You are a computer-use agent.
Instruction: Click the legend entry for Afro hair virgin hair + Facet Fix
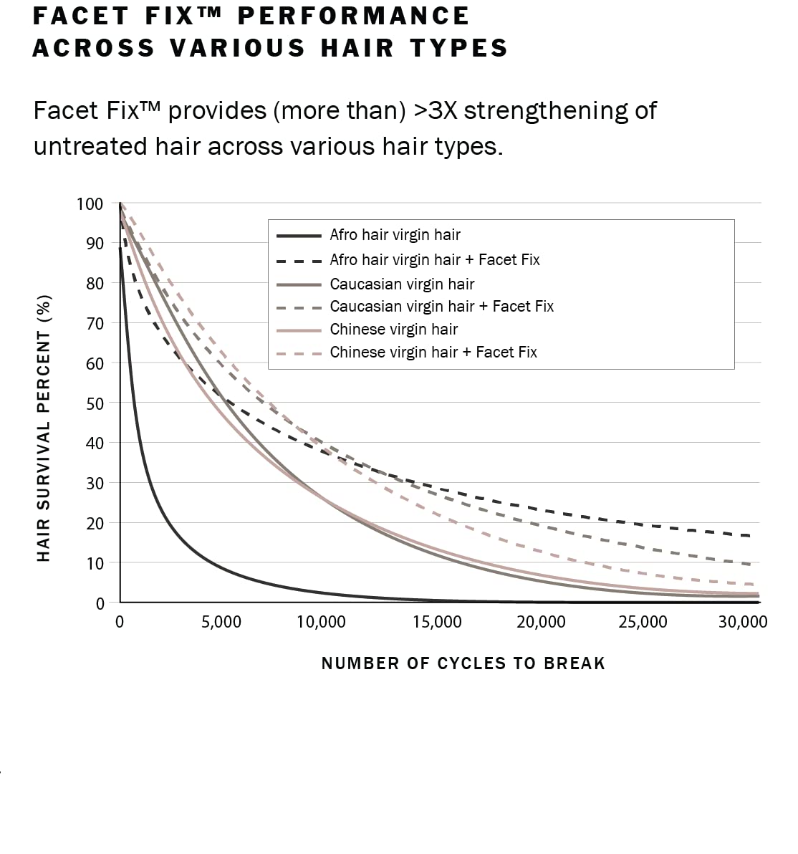point(434,260)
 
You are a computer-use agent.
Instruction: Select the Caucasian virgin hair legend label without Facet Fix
point(402,284)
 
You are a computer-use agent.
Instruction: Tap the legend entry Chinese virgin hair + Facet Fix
point(433,352)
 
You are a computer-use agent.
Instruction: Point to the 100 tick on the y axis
point(90,204)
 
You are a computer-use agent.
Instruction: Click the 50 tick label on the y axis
point(95,403)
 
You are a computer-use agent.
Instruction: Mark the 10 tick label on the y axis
point(95,564)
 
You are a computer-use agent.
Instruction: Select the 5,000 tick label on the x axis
point(221,622)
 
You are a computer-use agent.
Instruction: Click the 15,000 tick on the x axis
point(437,622)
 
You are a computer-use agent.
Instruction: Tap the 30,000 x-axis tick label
point(743,622)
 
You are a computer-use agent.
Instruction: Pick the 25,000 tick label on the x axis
point(643,622)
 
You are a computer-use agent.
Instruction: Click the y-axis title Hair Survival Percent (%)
point(44,428)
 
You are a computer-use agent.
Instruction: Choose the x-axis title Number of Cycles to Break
point(463,663)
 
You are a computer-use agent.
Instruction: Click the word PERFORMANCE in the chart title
point(355,16)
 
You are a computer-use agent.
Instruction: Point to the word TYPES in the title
point(459,49)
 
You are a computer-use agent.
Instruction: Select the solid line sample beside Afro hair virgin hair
point(299,235)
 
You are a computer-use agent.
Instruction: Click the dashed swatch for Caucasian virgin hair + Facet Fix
point(299,307)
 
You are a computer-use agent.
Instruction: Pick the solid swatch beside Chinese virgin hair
point(299,330)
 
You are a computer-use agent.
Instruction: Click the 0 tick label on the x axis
point(120,622)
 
